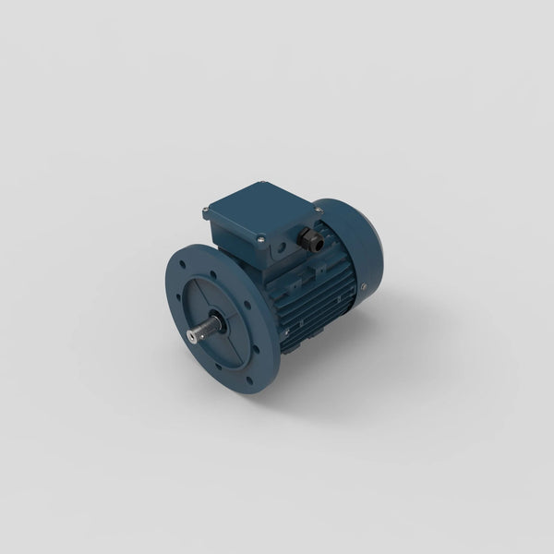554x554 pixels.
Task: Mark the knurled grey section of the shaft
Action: click(209, 330)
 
